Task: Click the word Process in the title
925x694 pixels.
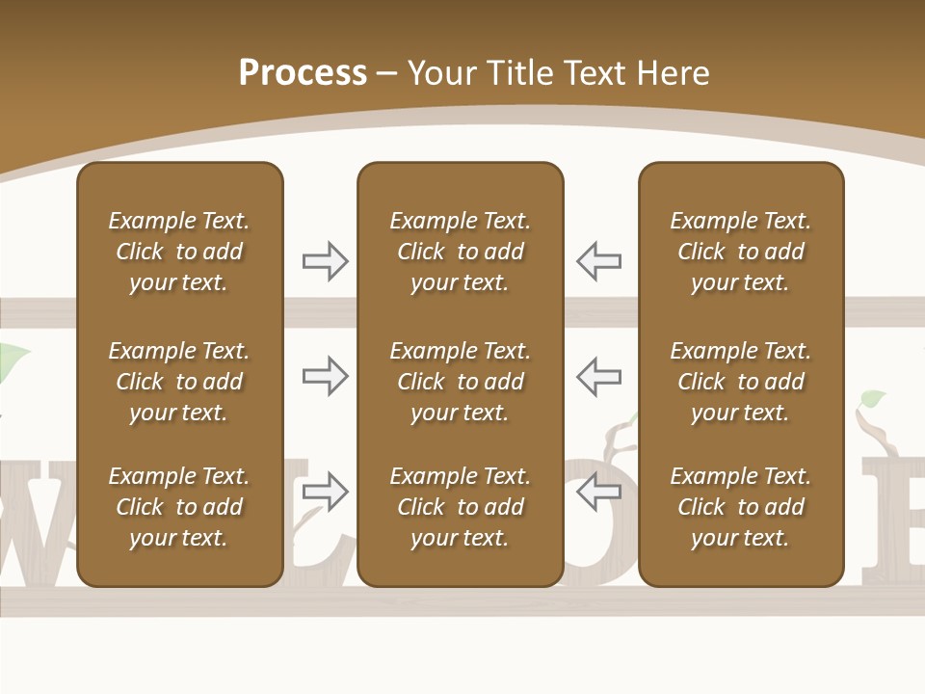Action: pos(303,73)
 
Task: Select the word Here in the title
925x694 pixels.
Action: pos(671,73)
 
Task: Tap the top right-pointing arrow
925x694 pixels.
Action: pos(326,261)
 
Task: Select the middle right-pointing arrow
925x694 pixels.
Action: pos(326,376)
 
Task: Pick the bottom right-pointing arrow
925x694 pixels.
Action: pos(326,492)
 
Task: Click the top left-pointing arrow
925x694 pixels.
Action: pos(598,261)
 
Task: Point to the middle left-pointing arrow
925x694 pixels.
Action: pos(598,376)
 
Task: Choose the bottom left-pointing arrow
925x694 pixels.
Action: pos(598,492)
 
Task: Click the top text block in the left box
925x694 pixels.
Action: pos(179,252)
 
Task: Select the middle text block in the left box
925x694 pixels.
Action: pos(179,382)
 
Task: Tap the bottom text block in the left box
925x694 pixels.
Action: pos(179,507)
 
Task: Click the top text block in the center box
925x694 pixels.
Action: pos(460,252)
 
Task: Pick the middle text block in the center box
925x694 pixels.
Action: pos(460,382)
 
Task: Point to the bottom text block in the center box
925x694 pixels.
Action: pos(460,507)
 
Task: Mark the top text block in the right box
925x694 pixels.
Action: pos(740,252)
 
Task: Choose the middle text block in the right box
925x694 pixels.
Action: pos(740,382)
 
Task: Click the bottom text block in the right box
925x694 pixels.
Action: pos(740,507)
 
